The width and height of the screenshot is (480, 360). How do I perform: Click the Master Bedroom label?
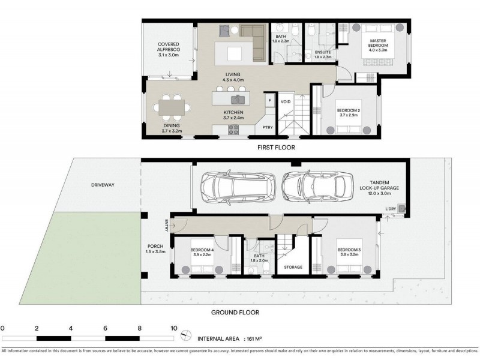pos(378,43)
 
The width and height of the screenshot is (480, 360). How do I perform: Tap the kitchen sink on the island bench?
pos(236,99)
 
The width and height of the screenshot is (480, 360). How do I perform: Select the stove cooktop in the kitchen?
pos(233,130)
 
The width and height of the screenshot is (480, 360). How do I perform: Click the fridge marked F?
pos(269,100)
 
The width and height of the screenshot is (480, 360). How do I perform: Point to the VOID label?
pos(286,101)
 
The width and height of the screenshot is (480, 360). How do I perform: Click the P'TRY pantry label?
pos(268,127)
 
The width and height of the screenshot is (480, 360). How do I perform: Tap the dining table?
pos(172,107)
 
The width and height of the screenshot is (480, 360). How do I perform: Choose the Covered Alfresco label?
pos(169,47)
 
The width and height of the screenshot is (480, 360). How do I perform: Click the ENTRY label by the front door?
pos(167,225)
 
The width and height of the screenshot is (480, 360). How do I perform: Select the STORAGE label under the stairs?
pos(293,267)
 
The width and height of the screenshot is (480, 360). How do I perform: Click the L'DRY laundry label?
pos(391,209)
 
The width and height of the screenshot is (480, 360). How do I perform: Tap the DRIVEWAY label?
pos(103,185)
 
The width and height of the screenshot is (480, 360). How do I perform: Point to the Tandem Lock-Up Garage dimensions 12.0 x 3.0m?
pos(379,193)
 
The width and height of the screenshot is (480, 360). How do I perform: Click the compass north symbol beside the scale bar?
pos(186,335)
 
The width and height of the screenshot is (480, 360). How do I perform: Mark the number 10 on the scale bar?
pos(174,328)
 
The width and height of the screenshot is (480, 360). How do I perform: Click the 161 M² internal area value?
pos(254,338)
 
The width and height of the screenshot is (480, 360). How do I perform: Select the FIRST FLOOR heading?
pos(276,147)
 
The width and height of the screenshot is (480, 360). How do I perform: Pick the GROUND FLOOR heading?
pos(235,312)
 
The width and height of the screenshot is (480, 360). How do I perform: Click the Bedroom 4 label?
pos(202,250)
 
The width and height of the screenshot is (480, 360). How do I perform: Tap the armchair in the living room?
pos(224,31)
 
